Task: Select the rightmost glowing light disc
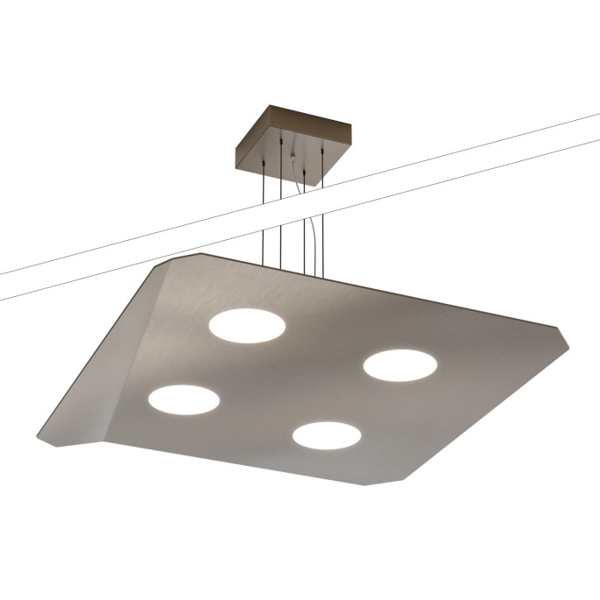click(x=399, y=365)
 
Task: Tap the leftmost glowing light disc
click(x=184, y=399)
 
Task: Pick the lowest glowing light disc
click(x=327, y=434)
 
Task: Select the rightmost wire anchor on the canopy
click(x=323, y=151)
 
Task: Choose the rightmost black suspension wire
click(x=323, y=219)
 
